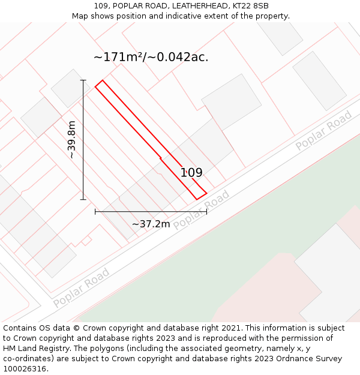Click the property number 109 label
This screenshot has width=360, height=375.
(x=191, y=173)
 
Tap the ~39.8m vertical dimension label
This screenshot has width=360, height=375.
(x=72, y=140)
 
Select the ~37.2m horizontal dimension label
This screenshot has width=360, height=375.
(x=151, y=224)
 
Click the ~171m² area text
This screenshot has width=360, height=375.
(x=118, y=58)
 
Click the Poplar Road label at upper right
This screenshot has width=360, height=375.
(x=323, y=131)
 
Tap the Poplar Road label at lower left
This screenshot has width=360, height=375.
(x=81, y=288)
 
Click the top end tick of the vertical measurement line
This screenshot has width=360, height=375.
(x=83, y=80)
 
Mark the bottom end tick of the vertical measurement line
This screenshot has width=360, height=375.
(x=83, y=200)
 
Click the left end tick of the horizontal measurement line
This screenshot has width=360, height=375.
(x=95, y=211)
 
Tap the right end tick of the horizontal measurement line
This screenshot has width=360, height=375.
(x=206, y=211)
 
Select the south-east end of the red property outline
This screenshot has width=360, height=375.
(x=201, y=196)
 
